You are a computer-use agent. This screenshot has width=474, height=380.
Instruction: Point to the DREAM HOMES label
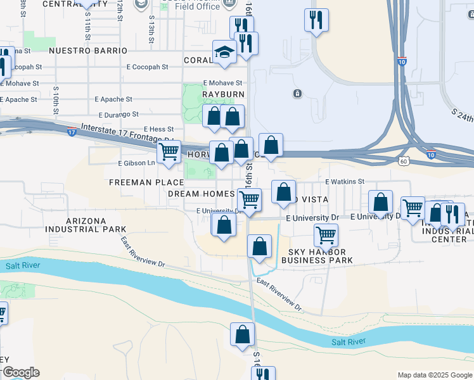(202, 193)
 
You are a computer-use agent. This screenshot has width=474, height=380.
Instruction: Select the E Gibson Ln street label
(137, 163)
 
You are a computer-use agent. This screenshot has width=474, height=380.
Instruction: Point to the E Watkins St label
(345, 181)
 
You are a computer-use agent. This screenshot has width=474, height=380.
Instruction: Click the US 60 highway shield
(403, 161)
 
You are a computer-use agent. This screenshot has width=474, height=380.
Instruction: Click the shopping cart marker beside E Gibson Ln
(169, 152)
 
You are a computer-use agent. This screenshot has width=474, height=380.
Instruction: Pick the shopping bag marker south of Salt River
(242, 335)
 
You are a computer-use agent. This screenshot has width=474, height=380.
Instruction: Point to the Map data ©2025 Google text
(435, 375)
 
